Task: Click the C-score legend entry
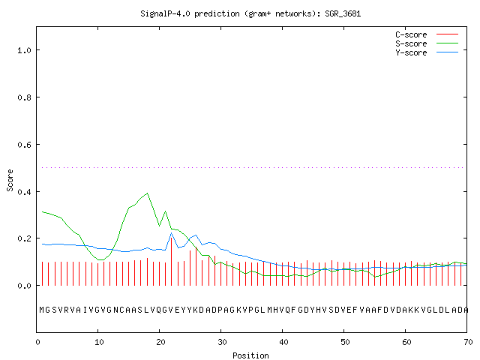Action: [427, 34]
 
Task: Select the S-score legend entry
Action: [427, 43]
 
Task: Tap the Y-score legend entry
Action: [427, 52]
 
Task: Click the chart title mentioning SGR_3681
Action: [250, 13]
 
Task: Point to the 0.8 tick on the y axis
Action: [24, 97]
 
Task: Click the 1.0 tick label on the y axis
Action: [24, 50]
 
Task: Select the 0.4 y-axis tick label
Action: [24, 192]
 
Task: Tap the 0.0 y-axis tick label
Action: [24, 286]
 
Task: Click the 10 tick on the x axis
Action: [99, 342]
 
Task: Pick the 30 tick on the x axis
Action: [222, 342]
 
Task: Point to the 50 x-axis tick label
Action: [345, 342]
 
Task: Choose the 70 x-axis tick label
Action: [468, 342]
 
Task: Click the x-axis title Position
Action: [250, 355]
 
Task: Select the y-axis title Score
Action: [10, 180]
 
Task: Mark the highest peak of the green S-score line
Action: [147, 193]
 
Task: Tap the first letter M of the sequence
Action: [42, 310]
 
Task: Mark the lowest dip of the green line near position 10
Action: [100, 259]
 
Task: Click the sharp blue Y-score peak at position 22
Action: [172, 233]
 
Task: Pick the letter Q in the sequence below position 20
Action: [159, 310]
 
